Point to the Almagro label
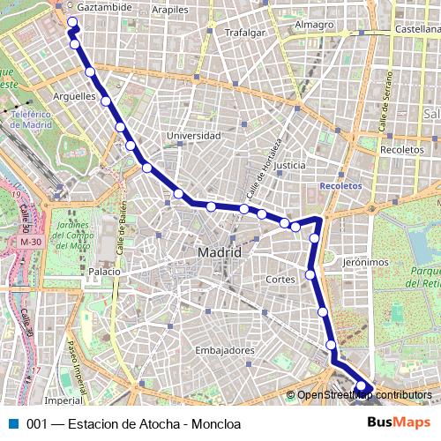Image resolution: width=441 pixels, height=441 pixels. (x=314, y=25)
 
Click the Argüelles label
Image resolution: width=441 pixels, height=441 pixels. (x=74, y=95)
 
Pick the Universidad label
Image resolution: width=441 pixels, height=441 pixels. (x=193, y=136)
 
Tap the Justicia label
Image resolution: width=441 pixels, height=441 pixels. (x=289, y=165)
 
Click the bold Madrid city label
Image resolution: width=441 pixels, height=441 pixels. (x=214, y=252)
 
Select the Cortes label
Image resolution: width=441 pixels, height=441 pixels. (x=280, y=279)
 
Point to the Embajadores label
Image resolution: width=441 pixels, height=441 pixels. (x=224, y=350)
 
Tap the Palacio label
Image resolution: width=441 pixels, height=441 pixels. (x=103, y=273)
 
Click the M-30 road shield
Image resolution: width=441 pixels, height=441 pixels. (x=30, y=241)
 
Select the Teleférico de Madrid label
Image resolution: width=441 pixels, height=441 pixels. (x=33, y=119)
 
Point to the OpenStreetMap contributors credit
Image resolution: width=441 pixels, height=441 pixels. (x=364, y=395)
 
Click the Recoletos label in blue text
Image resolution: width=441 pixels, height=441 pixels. (x=341, y=186)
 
